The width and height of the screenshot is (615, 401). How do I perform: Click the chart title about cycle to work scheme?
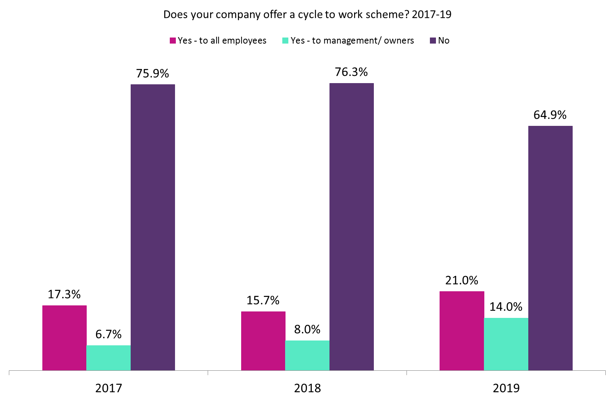coord(307,15)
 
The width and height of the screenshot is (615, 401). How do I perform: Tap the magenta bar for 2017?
coord(65,338)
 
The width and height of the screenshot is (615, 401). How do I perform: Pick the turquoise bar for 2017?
coord(108,357)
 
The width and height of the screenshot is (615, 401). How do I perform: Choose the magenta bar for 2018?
coord(263,340)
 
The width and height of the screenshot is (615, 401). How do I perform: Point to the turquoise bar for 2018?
coord(307,355)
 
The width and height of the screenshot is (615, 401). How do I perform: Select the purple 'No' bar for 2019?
coord(550,248)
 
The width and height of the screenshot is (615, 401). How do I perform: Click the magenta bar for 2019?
coord(462,330)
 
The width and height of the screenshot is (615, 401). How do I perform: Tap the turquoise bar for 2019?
coord(506,344)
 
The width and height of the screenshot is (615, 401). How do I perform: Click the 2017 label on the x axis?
coord(108,388)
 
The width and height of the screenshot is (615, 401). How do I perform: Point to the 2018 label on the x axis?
coord(307,388)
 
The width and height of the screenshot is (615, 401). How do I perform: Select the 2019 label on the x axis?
coord(506,388)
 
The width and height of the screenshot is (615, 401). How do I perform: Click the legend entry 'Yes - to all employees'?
coord(218,41)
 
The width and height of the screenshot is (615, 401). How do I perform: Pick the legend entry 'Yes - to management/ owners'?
coord(348,41)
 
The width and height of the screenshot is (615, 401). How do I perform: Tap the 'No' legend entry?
coord(440,41)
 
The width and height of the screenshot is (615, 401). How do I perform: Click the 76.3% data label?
coord(351,72)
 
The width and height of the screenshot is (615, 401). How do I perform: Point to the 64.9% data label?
coord(550,115)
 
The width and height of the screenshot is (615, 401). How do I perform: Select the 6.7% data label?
coord(108,334)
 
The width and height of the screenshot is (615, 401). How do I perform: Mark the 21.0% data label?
coord(462,280)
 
